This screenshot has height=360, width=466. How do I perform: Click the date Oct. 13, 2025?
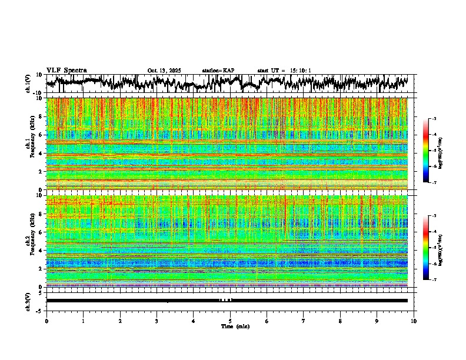tap(164, 71)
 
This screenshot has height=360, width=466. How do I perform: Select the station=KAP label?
tap(218, 71)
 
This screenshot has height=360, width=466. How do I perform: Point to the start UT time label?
tap(284, 71)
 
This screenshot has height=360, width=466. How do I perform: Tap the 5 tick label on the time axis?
tap(230, 321)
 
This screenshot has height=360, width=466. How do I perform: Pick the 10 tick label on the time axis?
tap(414, 321)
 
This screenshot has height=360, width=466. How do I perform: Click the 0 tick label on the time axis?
tap(46, 321)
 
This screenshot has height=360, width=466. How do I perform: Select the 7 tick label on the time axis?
tap(304, 321)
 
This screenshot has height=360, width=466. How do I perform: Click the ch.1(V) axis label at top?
tap(29, 84)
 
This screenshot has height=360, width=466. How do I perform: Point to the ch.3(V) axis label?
tap(29, 300)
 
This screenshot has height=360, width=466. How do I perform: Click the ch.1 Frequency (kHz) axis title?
tap(29, 144)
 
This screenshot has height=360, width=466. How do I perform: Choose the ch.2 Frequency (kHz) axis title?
tap(29, 241)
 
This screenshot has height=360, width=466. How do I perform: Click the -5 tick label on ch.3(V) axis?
tap(39, 309)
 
